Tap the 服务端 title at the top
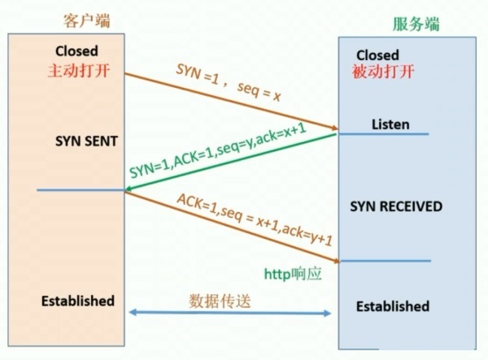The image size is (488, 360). (x=417, y=24)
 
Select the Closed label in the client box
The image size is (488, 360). (x=78, y=50)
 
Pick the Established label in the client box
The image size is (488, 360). (x=78, y=301)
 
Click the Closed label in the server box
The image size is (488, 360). (x=377, y=55)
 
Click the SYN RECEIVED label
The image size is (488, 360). (x=396, y=206)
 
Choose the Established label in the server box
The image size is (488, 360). (x=393, y=306)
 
